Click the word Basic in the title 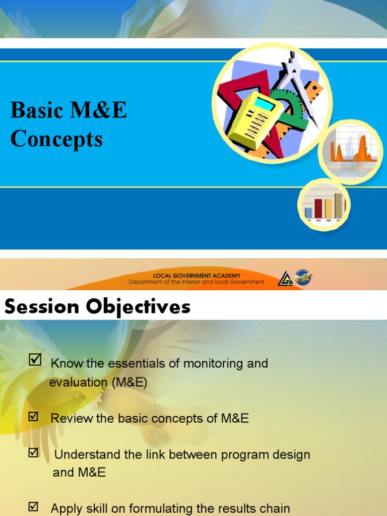pyautogui.click(x=36, y=111)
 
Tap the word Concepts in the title pyautogui.click(x=56, y=139)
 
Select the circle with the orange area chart pyautogui.click(x=351, y=152)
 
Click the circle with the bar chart pyautogui.click(x=324, y=205)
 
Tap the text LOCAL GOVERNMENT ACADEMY pyautogui.click(x=197, y=276)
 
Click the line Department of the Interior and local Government pyautogui.click(x=197, y=282)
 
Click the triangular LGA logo pyautogui.click(x=286, y=279)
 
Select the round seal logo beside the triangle pyautogui.click(x=303, y=277)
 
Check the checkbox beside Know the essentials pyautogui.click(x=35, y=360)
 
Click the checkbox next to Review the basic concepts pyautogui.click(x=33, y=416)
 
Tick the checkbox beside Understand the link pyautogui.click(x=33, y=453)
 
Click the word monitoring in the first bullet pyautogui.click(x=211, y=364)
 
